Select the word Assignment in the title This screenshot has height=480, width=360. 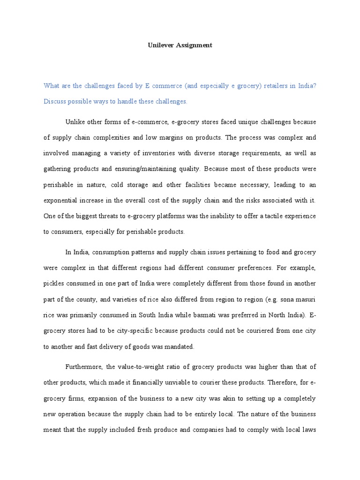click(193, 45)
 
